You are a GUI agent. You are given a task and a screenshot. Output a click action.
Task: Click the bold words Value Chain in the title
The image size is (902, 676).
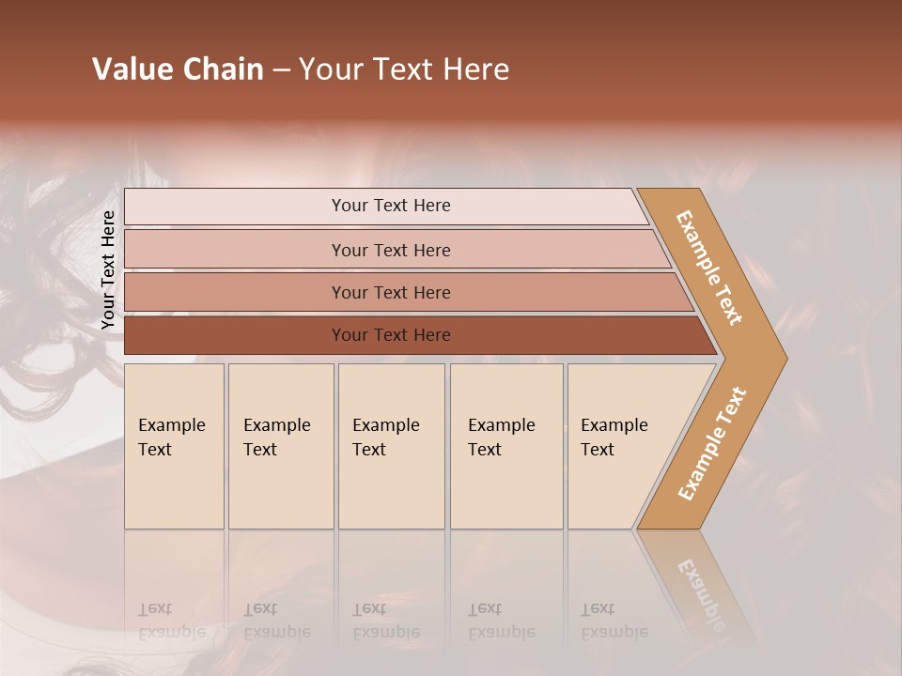(178, 69)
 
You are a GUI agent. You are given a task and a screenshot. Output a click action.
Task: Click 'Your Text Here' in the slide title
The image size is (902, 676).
(404, 69)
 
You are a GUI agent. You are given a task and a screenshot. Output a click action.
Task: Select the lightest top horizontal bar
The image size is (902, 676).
(390, 206)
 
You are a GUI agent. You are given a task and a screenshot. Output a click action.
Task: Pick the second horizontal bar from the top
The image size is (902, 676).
(390, 250)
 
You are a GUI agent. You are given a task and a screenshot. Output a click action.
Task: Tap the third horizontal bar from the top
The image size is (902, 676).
(390, 292)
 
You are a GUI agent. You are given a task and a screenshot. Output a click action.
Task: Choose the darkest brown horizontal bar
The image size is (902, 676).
(390, 335)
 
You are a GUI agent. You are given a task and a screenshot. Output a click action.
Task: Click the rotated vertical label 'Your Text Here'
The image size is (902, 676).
(108, 270)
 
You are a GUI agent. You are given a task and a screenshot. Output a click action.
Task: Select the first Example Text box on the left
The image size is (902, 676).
(174, 445)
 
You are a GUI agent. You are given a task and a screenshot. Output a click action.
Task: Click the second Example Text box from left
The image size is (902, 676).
(280, 445)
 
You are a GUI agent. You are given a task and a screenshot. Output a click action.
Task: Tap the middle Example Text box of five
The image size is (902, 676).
(391, 445)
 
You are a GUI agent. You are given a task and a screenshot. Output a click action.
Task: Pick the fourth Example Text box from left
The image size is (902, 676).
(505, 445)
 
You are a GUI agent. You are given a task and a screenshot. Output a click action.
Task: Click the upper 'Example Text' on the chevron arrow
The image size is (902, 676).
(709, 268)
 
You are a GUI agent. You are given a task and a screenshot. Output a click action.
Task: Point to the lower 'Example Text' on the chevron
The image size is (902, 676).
(712, 444)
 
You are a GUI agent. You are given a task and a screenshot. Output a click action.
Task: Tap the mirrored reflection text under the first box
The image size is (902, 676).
(171, 621)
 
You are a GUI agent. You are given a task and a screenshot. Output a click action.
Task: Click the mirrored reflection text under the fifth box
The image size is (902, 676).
(614, 621)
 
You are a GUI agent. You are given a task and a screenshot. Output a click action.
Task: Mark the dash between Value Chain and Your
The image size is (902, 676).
(281, 70)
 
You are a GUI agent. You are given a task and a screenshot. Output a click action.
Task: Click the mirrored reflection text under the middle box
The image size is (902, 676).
(385, 621)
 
